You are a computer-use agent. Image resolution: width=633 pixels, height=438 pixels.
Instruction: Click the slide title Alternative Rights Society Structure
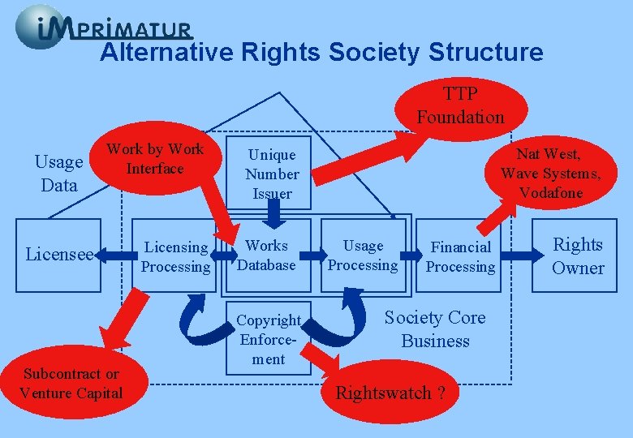pos(321,53)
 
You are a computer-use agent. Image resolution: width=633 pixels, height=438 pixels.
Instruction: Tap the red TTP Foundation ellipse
pos(460,106)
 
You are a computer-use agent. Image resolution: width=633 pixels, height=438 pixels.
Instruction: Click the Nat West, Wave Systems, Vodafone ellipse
pos(550,173)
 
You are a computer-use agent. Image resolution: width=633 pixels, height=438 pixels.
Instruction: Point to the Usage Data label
pos(59,174)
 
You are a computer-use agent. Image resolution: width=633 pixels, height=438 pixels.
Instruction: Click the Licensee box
pos(58,255)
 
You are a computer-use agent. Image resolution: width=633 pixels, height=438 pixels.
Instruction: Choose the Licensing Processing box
pos(175,256)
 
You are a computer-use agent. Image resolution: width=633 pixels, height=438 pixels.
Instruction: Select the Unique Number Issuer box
pos(272,174)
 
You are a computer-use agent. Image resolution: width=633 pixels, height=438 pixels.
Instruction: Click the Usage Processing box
pos(363,255)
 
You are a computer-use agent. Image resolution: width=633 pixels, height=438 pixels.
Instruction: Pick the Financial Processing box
pos(461,256)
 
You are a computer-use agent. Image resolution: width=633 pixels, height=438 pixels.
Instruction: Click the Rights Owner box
pos(578,255)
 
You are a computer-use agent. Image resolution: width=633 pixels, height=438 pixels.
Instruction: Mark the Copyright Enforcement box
pos(269,339)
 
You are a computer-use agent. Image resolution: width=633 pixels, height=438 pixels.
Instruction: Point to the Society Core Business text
pos(435,328)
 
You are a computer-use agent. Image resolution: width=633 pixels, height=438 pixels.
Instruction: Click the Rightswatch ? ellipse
pos(390,393)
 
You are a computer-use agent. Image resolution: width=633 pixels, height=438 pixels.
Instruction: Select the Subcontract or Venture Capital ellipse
pos(71,384)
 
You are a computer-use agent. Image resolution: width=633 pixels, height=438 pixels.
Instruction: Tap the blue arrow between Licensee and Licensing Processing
pos(116,256)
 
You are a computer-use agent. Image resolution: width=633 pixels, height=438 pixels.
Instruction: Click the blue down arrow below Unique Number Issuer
pos(273,213)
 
